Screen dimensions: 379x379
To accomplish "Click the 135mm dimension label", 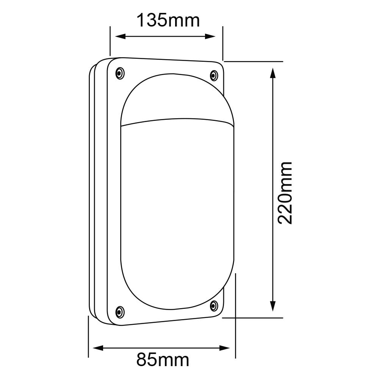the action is coord(168,20).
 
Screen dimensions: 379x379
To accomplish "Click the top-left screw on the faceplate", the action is coord(120,73).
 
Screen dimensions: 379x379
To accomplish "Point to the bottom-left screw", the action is coord(120,312).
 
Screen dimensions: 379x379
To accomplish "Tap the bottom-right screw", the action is coord(214,305).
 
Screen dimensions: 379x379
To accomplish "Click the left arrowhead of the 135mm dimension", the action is coord(121,36).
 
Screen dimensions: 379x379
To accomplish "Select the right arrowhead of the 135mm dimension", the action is coord(210,36).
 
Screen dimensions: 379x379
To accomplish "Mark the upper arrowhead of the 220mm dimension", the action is coord(273,73).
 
